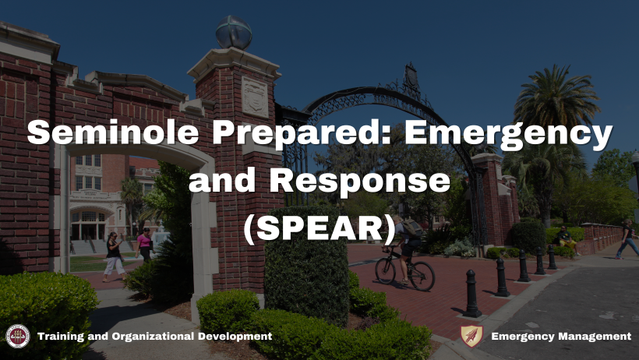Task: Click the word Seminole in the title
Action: pyautogui.click(x=113, y=132)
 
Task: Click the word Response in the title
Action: pyautogui.click(x=360, y=182)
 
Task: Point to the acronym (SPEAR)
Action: pyautogui.click(x=319, y=228)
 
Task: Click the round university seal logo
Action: pyautogui.click(x=17, y=337)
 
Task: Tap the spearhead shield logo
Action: pyautogui.click(x=471, y=336)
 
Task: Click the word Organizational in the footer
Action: pyautogui.click(x=153, y=337)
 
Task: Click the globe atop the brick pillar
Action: pyautogui.click(x=234, y=33)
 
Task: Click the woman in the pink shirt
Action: pyautogui.click(x=144, y=244)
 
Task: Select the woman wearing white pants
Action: pyautogui.click(x=113, y=257)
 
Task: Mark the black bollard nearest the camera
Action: pyautogui.click(x=472, y=294)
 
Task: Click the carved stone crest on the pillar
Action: pyautogui.click(x=255, y=97)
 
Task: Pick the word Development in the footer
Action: pyautogui.click(x=235, y=337)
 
